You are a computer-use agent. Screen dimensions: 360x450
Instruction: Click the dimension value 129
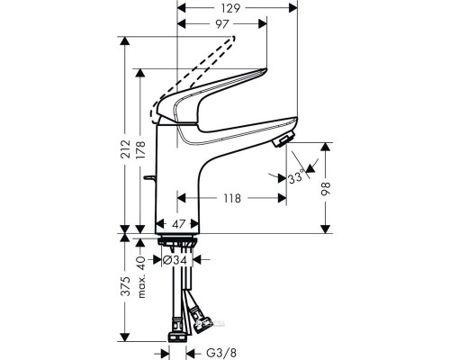pyautogui.click(x=237, y=7)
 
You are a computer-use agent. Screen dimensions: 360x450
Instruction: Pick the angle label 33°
pyautogui.click(x=295, y=178)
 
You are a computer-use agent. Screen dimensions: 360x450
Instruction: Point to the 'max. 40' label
pyautogui.click(x=139, y=265)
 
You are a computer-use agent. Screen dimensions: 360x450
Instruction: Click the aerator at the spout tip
pyautogui.click(x=282, y=140)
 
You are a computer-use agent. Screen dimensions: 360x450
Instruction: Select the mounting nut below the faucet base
pyautogui.click(x=177, y=242)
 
